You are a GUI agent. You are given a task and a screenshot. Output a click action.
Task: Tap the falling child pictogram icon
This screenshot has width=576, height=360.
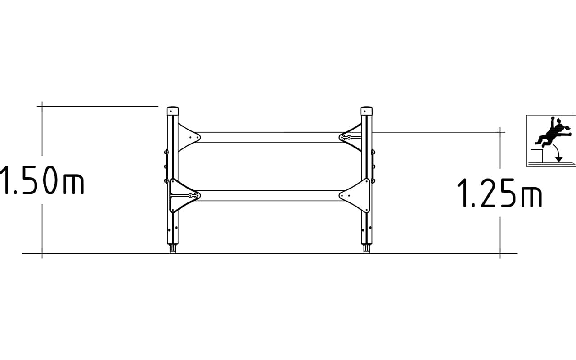551,141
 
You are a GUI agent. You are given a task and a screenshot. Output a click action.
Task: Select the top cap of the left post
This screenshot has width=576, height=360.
173,111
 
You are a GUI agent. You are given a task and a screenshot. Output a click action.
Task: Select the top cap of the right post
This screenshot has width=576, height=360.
366,111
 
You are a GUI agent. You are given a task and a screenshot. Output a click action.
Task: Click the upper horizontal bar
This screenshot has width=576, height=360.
270,137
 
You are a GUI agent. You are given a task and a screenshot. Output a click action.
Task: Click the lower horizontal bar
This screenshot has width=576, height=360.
270,196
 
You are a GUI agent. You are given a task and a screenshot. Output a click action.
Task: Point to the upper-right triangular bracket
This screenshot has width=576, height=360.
351,137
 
